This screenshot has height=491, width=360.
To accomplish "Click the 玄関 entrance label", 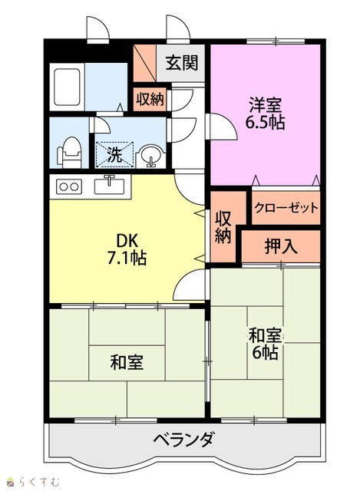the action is coord(182,63).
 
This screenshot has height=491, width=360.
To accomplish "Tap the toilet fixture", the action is coord(69,153).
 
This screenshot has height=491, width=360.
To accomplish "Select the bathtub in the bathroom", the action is coord(67,87).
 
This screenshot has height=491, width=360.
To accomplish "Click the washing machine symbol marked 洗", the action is coord(114,155).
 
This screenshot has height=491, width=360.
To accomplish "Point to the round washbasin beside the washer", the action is coord(152,155).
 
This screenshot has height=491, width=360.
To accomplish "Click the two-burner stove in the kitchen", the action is coord(69,186).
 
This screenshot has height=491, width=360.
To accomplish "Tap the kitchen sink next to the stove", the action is coord(109,185).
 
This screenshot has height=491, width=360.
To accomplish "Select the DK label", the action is coord(127,240).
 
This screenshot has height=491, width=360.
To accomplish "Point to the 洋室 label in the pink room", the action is coord(265,105).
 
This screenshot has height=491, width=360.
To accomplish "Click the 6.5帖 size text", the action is coord(265,122).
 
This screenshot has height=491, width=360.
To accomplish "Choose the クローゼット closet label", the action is coord(286,207).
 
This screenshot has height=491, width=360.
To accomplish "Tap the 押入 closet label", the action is coord(281,246).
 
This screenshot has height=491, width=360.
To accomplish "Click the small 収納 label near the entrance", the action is coord(150,100).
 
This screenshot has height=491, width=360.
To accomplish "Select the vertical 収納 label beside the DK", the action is coord(223,228).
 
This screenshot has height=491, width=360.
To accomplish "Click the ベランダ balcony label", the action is coord(184,439).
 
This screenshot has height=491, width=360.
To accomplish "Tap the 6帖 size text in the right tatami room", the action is coord(265,353).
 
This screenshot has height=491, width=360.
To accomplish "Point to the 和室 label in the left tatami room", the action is coord(127,362).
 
